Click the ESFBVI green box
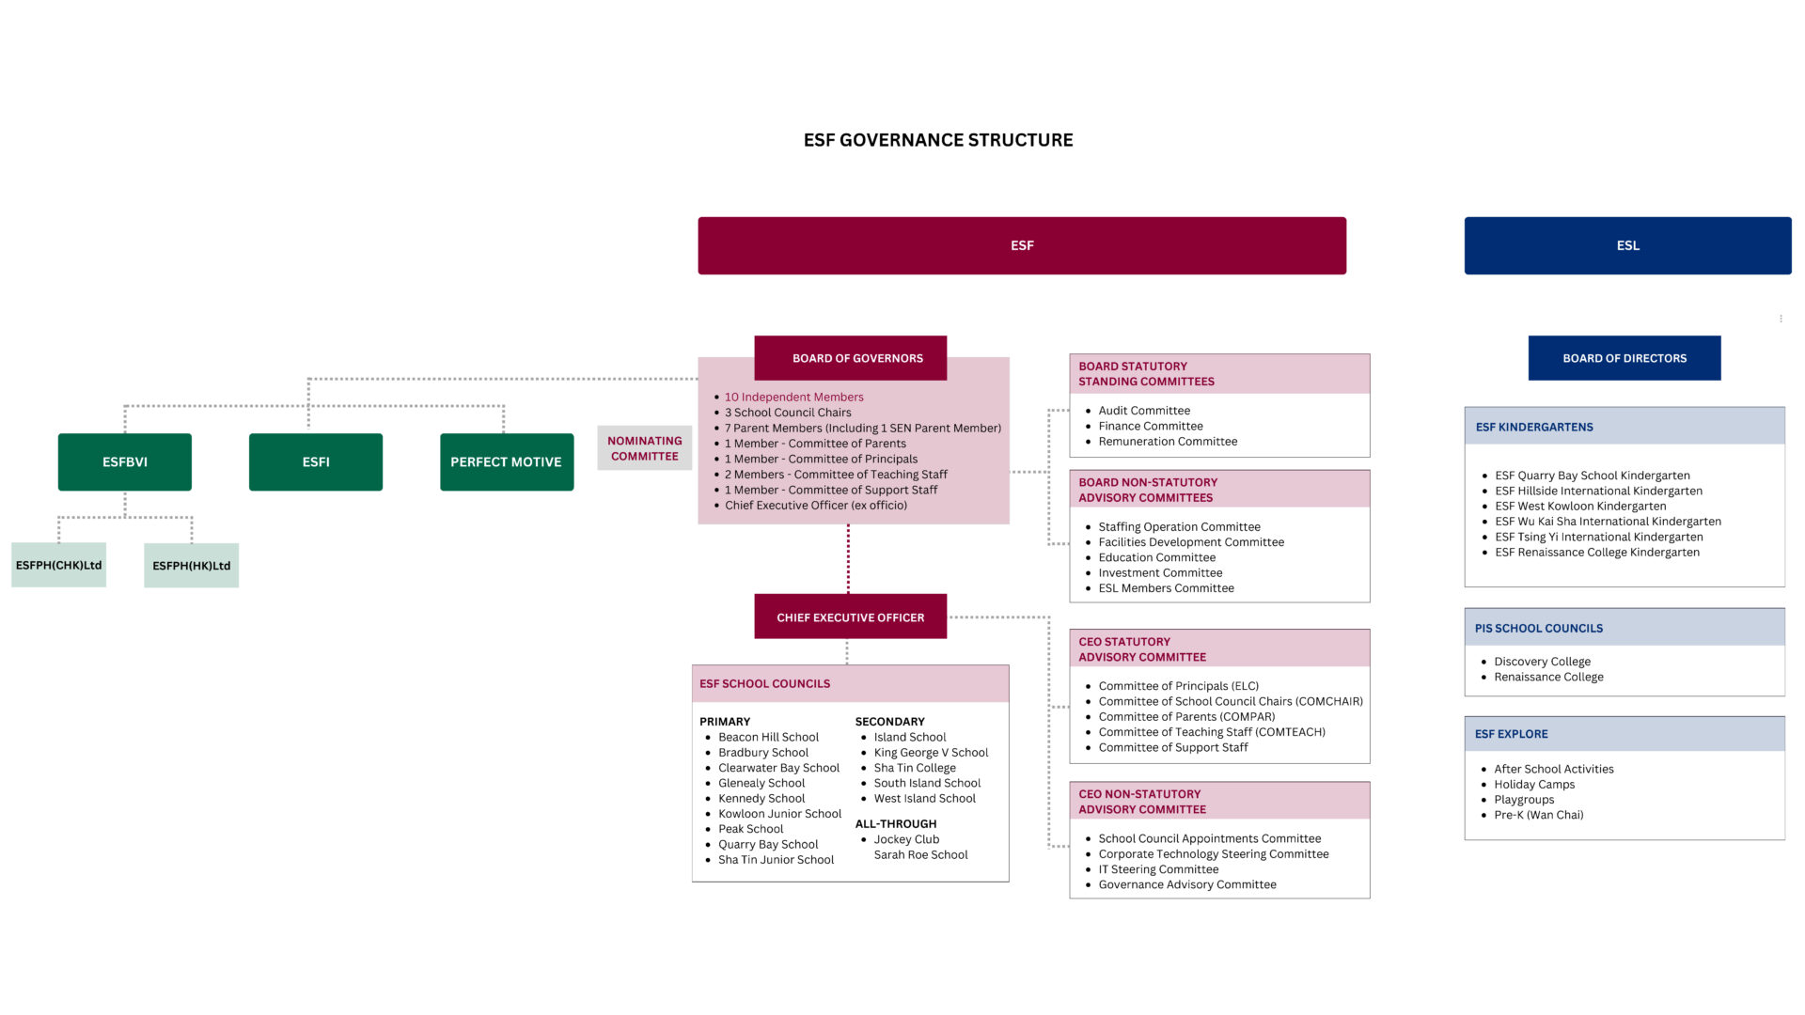click(124, 461)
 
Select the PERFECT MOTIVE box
click(507, 461)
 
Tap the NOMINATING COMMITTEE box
click(645, 448)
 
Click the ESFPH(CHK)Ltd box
click(58, 565)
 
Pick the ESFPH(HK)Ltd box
click(191, 566)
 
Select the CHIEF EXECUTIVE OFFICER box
click(851, 617)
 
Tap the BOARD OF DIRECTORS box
click(1624, 358)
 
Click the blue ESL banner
click(1628, 245)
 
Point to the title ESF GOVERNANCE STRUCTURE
click(938, 140)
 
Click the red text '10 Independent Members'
click(794, 398)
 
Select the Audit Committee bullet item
click(1144, 411)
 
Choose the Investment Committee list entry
click(1160, 573)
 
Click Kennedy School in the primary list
click(761, 799)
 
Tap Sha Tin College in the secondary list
click(915, 768)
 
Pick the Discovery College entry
click(1543, 662)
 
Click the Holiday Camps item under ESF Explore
click(1534, 785)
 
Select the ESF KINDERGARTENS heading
click(1534, 427)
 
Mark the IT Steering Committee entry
click(1158, 869)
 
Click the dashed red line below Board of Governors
click(848, 559)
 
